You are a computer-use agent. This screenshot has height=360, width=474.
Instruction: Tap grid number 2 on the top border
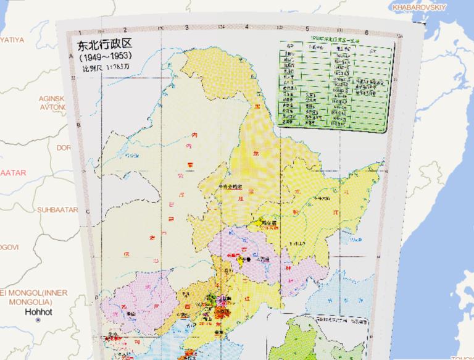[x=124, y=29]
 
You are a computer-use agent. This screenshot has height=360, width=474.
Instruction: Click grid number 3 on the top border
[x=186, y=28]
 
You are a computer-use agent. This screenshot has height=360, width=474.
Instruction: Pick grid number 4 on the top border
[x=246, y=27]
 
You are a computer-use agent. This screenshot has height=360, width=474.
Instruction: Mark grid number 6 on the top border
[x=367, y=32]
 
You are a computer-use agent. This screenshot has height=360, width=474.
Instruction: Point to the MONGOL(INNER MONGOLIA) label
[x=37, y=296]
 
